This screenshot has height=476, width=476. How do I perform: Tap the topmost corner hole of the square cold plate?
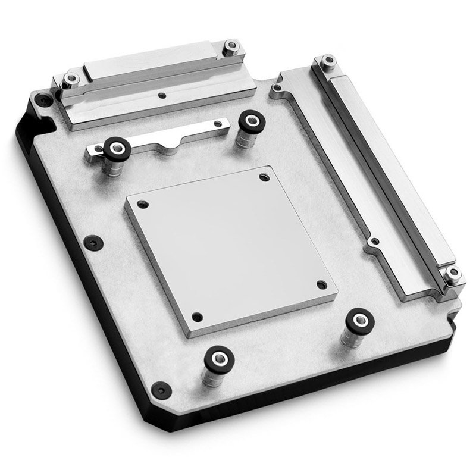264,177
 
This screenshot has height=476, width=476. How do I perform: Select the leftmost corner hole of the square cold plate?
141,204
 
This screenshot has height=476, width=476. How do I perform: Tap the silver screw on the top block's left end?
71,78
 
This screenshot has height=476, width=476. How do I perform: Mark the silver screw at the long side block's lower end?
454,274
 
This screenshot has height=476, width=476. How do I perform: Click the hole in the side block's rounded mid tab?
374,242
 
